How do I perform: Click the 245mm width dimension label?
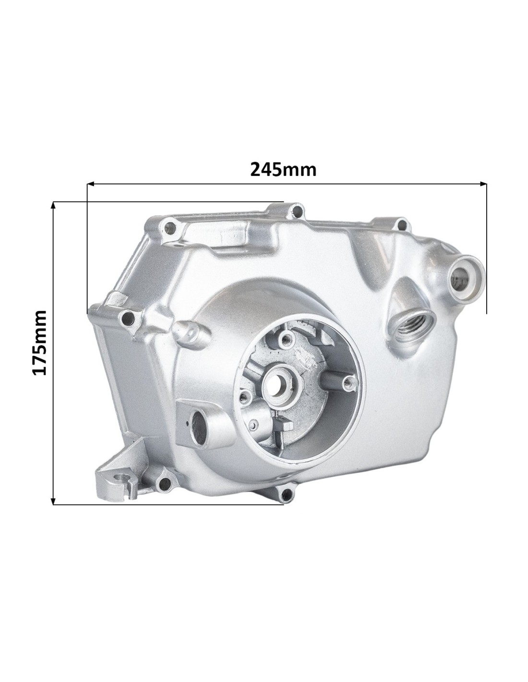(x=283, y=170)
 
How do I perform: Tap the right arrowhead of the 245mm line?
(x=483, y=184)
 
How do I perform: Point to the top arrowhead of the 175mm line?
(x=53, y=205)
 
